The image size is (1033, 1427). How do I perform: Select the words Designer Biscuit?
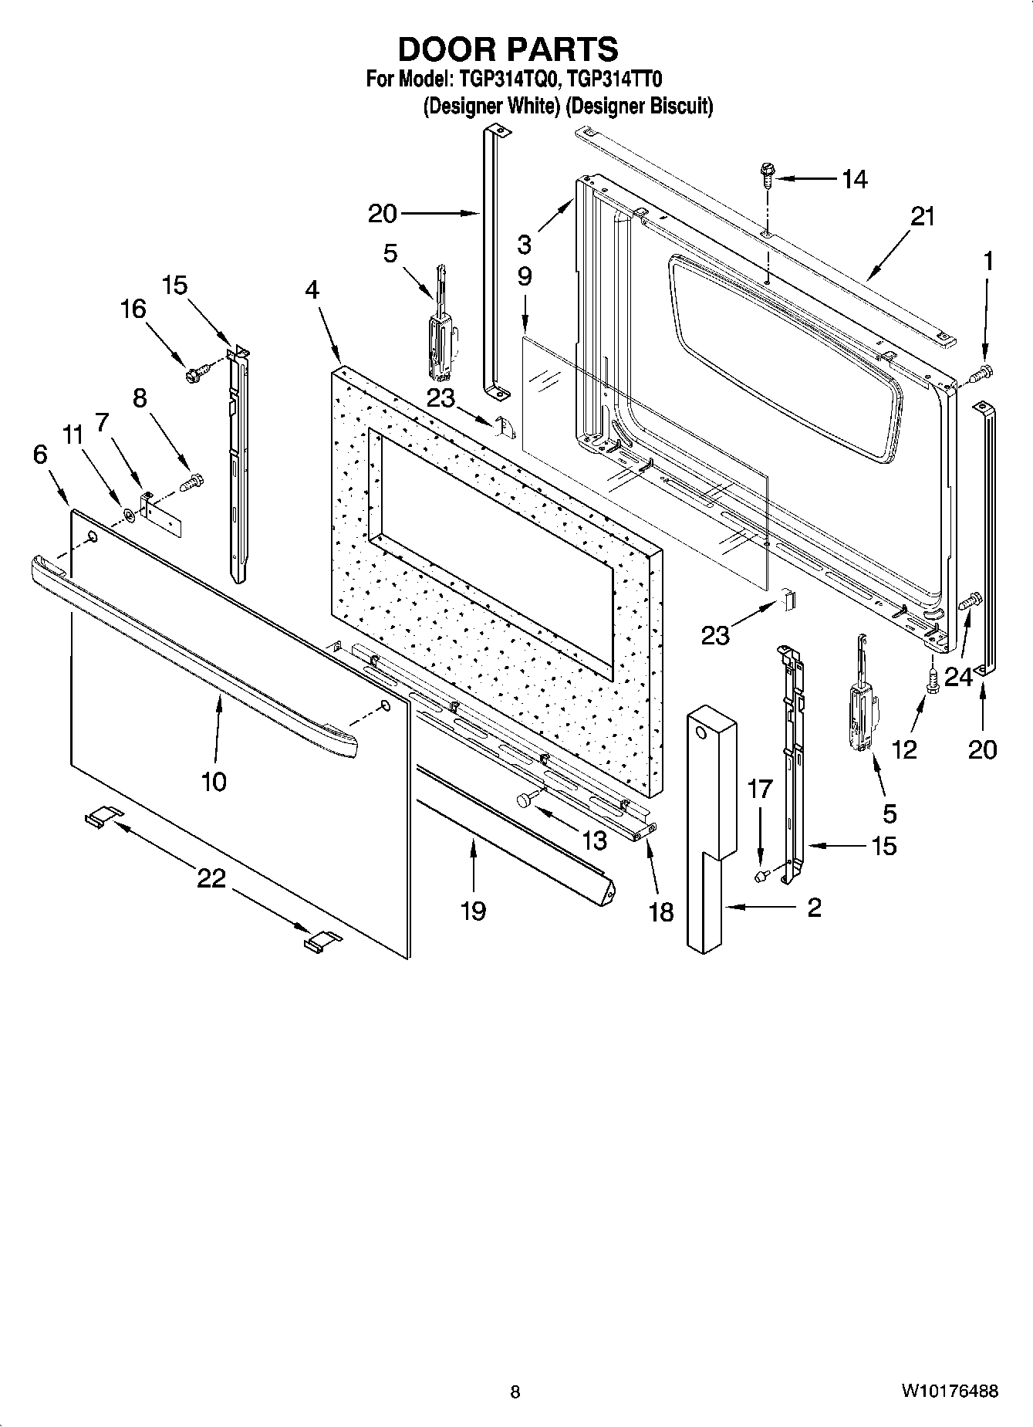[x=640, y=106]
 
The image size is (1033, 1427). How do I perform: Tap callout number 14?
[x=853, y=179]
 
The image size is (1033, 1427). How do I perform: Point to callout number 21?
[x=922, y=217]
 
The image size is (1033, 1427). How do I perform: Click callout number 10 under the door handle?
[x=214, y=781]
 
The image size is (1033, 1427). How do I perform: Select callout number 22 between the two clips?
[x=211, y=878]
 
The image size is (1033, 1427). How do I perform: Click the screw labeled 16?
[x=193, y=375]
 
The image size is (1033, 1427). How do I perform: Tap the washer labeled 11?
[x=129, y=514]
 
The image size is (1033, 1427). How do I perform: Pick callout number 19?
[x=473, y=911]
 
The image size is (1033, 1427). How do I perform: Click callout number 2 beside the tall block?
[x=814, y=908]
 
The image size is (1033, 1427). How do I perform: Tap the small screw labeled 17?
[x=761, y=875]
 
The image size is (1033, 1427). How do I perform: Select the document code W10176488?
[x=949, y=1391]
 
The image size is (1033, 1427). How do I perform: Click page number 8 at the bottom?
[x=515, y=1391]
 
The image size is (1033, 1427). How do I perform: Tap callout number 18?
[x=661, y=912]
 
